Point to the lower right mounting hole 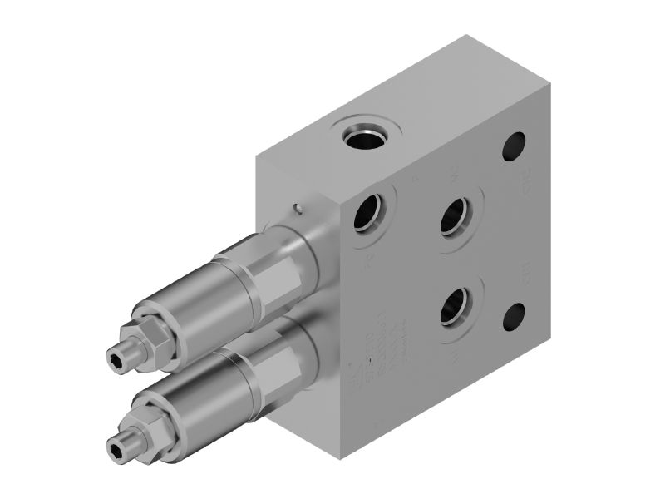(515, 316)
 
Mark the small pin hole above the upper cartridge (297, 209)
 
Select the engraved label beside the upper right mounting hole (525, 179)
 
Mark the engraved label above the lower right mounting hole (525, 272)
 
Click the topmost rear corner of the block (465, 35)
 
